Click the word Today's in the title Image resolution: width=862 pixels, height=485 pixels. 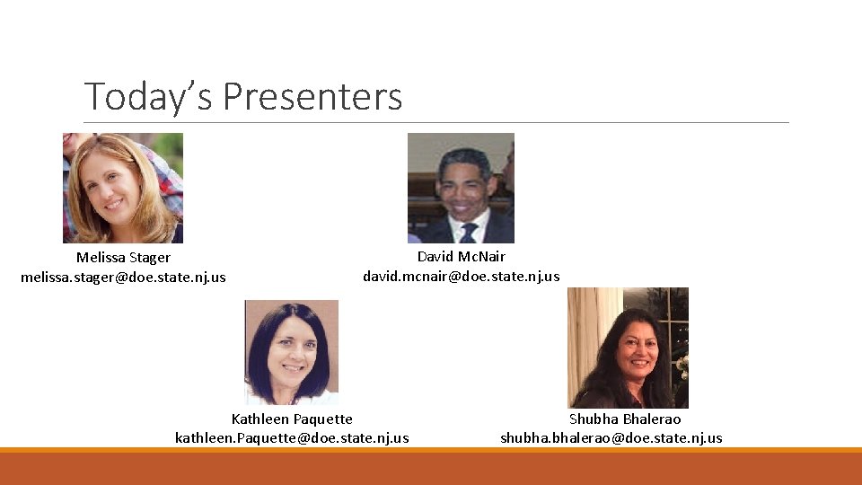pyautogui.click(x=149, y=96)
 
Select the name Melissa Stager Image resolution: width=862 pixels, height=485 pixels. pyautogui.click(x=123, y=258)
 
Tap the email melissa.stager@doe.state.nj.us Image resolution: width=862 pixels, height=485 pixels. pyautogui.click(x=123, y=277)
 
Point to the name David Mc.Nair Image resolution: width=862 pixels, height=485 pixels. pyautogui.click(x=461, y=257)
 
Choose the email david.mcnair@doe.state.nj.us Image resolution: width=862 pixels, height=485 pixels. pyautogui.click(x=461, y=276)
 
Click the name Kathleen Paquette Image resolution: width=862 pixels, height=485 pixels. pyautogui.click(x=292, y=419)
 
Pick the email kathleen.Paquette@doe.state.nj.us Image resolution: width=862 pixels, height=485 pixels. pyautogui.click(x=292, y=437)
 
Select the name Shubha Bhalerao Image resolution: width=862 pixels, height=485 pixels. pyautogui.click(x=625, y=419)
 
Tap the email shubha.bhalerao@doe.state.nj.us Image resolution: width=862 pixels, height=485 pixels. pyautogui.click(x=611, y=437)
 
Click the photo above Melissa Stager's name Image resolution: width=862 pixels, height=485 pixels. pyautogui.click(x=123, y=188)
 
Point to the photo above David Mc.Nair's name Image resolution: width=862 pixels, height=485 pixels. pyautogui.click(x=461, y=188)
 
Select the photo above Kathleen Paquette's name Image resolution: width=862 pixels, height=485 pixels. pyautogui.click(x=292, y=352)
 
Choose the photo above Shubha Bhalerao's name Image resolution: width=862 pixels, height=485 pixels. pyautogui.click(x=628, y=348)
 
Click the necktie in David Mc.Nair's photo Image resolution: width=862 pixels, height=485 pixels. pyautogui.click(x=468, y=233)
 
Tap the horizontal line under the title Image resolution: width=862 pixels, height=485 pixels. pyautogui.click(x=436, y=122)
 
